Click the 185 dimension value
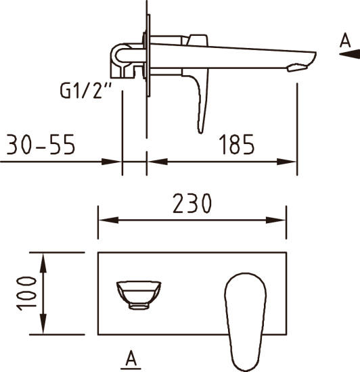click(x=236, y=145)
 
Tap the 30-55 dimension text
click(x=41, y=145)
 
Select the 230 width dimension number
click(x=192, y=204)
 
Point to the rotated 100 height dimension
click(x=26, y=294)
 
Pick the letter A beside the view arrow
click(x=345, y=41)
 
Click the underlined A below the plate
click(x=131, y=358)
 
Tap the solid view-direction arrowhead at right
click(x=349, y=54)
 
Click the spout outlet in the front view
click(x=139, y=295)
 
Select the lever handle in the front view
click(x=245, y=322)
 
